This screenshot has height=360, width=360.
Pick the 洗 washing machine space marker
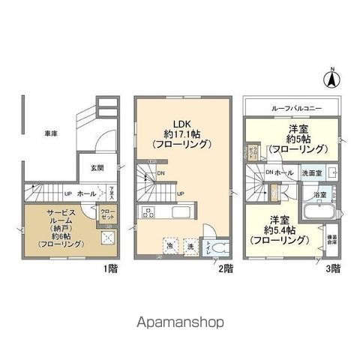(x=190, y=244)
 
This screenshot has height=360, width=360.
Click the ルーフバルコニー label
(x=292, y=109)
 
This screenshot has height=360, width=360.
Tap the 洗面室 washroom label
(x=311, y=173)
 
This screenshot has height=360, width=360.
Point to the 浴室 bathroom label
(x=319, y=193)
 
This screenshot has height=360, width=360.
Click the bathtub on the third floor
(x=319, y=209)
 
